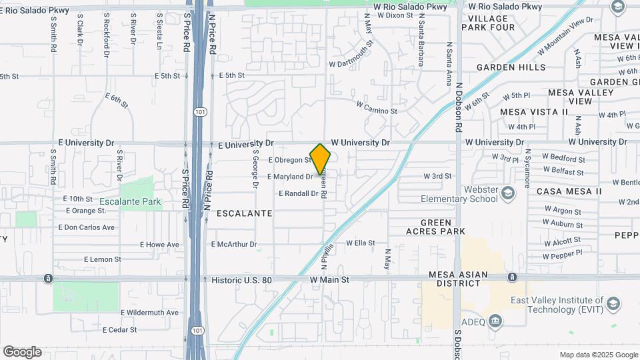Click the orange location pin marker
(x=321, y=159)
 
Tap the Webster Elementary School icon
(x=508, y=193)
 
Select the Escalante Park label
(x=131, y=201)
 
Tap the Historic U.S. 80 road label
(x=241, y=280)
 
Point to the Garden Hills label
(x=511, y=67)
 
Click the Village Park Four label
(x=492, y=23)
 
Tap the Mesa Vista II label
(x=533, y=112)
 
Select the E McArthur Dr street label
(x=234, y=245)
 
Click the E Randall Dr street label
(x=299, y=193)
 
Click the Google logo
(x=22, y=352)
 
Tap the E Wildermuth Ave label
(x=149, y=312)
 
